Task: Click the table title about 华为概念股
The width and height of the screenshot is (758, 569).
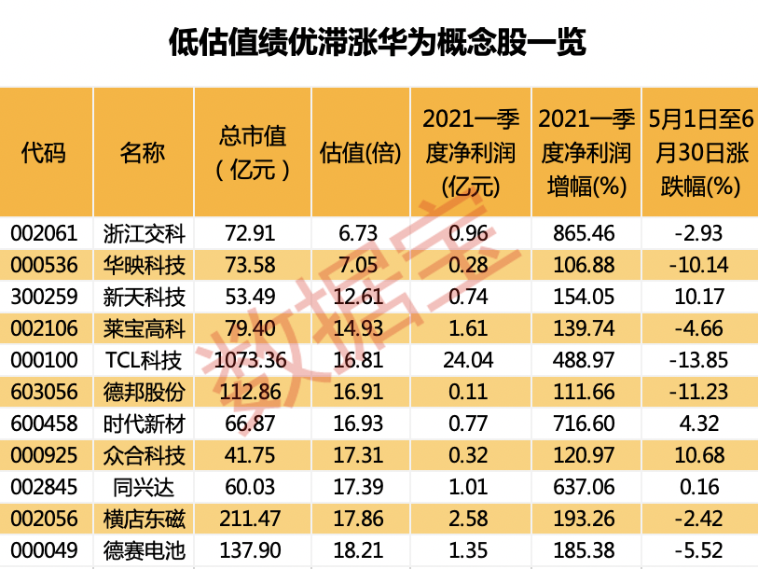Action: pos(378,42)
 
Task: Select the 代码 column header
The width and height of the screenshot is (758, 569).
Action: pos(45,152)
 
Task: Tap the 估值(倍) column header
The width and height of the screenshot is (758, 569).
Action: pos(360,152)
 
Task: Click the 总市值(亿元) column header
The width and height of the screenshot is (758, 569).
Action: pos(249,152)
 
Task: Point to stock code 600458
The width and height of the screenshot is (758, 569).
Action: pos(45,423)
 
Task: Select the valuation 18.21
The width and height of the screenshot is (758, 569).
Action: pos(360,550)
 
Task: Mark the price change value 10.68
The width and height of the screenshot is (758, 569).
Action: pos(698,455)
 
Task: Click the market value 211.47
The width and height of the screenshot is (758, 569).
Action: pos(249,519)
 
